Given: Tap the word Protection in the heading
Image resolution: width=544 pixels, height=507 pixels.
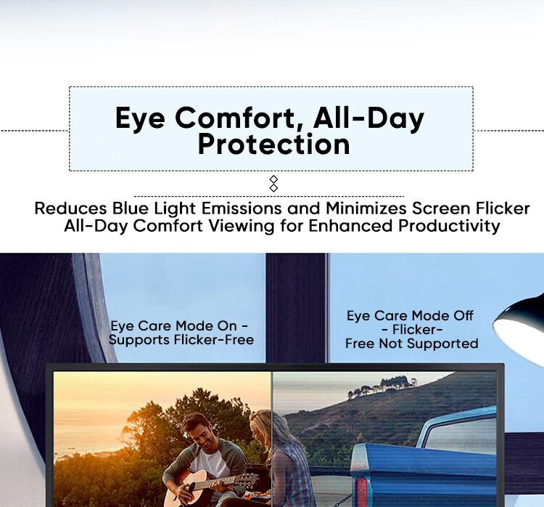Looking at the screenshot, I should (x=273, y=144).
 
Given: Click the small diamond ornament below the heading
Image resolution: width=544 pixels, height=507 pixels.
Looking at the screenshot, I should (x=273, y=183).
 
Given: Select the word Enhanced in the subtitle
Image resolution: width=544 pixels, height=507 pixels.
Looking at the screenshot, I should (x=350, y=226).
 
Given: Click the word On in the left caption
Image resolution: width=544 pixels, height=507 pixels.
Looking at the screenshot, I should (x=228, y=325).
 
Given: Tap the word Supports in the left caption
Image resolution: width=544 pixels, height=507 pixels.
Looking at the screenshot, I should (x=136, y=339).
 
